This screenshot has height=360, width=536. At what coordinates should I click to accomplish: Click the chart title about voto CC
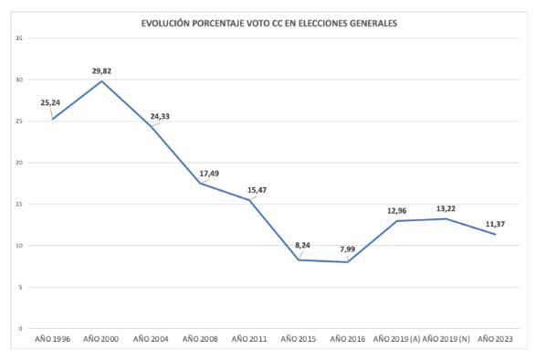coord(268,23)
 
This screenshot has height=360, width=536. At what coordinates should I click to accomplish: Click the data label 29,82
coord(101,70)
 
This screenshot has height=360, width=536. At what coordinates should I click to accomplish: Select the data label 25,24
coord(50,103)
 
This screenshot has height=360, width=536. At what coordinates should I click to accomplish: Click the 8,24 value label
coord(303,246)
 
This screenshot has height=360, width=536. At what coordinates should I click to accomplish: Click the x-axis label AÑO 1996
coord(52,339)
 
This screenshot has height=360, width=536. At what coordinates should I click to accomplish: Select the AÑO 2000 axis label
coord(101,339)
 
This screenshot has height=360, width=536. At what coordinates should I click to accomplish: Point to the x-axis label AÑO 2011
coord(249,339)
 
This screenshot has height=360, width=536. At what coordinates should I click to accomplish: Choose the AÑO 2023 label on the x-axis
coord(495,339)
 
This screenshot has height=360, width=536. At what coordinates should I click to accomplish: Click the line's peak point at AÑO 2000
coord(101,81)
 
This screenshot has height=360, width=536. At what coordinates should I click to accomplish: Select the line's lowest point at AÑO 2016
coord(347,262)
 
